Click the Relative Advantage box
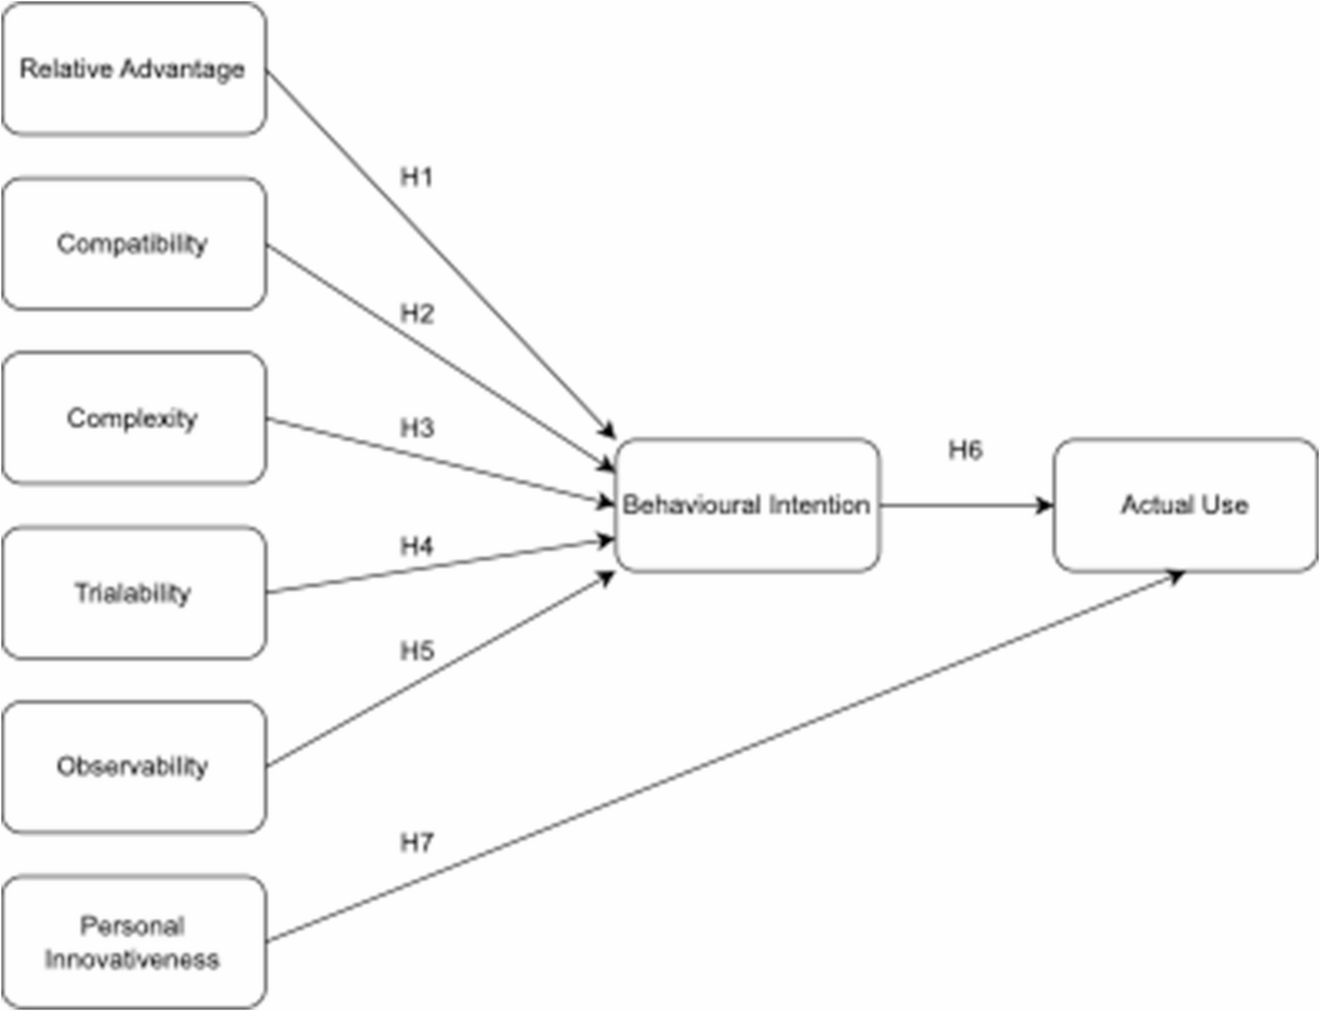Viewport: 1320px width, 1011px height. [133, 69]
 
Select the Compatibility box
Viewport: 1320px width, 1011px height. [133, 244]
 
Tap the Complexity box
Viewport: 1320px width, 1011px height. [133, 419]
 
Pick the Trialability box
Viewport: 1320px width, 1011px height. [133, 593]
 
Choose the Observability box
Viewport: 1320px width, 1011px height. [133, 767]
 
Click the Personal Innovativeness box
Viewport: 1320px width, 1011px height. [133, 942]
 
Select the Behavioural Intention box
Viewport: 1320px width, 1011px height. [747, 505]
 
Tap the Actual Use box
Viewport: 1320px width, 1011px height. [1185, 505]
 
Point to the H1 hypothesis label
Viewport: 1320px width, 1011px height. [417, 177]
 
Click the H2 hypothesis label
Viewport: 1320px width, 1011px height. [417, 314]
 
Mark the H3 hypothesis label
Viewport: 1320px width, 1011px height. [417, 428]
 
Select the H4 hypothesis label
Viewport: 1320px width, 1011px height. [417, 546]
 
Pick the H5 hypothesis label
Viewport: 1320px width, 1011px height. [417, 651]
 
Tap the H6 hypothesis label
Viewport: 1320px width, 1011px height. [965, 451]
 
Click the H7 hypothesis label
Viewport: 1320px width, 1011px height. [417, 843]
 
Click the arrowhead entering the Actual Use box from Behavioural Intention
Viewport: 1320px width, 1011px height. [1045, 506]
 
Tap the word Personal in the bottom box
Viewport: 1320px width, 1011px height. [132, 927]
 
